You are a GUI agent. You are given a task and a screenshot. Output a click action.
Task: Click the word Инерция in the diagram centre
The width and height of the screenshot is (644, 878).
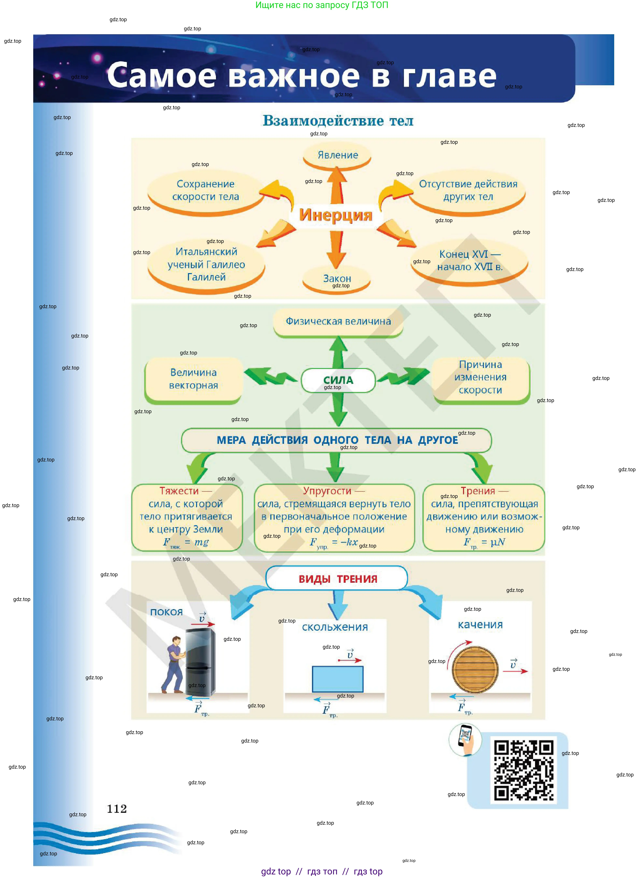pos(336,215)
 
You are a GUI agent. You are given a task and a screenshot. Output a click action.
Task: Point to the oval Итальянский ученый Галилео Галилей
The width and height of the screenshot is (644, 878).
pos(206,265)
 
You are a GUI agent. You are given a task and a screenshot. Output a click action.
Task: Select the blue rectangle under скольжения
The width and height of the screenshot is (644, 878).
pos(338,679)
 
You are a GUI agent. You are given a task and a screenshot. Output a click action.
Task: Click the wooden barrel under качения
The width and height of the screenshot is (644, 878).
pos(475,670)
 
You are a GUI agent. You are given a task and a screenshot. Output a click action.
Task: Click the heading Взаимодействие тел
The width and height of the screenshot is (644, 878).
pos(338,121)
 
